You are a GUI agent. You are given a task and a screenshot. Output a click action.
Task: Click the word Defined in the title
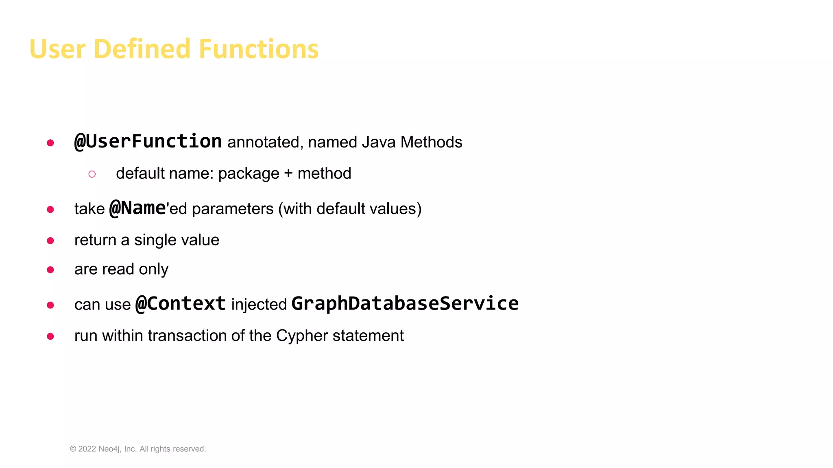click(x=142, y=49)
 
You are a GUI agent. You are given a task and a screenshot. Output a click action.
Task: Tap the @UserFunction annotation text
click(x=148, y=142)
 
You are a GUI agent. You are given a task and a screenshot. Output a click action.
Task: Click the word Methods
click(x=431, y=142)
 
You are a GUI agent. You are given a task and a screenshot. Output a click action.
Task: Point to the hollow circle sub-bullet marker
click(x=92, y=174)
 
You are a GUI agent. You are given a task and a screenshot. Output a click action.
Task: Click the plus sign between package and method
click(x=288, y=173)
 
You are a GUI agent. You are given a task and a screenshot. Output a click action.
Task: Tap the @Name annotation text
click(x=137, y=208)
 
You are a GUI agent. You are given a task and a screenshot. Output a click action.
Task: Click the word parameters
click(x=233, y=209)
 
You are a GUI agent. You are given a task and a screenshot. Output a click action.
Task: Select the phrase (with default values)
click(x=350, y=209)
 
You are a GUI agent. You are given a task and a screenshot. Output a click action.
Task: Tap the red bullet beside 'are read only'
click(x=50, y=270)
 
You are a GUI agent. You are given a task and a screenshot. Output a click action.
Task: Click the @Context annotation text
click(x=181, y=304)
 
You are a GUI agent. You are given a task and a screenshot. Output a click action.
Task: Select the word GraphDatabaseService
click(x=405, y=304)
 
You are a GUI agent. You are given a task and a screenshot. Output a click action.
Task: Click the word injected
click(x=259, y=305)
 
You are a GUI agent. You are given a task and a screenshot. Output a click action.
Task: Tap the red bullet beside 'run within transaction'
click(x=50, y=336)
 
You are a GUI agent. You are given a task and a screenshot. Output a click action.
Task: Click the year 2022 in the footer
click(x=87, y=449)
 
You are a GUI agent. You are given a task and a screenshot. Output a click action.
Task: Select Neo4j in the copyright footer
click(x=109, y=449)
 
